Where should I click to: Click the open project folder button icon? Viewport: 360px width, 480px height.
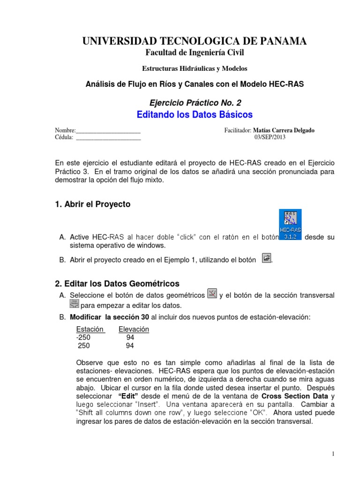[x=266, y=258]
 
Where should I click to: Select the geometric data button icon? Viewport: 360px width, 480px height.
[x=212, y=294]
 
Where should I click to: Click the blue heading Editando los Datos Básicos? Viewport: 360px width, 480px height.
[x=195, y=114]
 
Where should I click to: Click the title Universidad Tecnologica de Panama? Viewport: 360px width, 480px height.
[x=195, y=41]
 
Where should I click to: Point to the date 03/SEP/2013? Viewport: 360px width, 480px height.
[x=270, y=137]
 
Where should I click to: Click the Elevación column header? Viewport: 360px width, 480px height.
[x=134, y=329]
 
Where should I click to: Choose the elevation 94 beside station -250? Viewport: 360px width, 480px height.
[x=130, y=337]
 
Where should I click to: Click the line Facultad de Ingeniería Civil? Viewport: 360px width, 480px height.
[x=195, y=53]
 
